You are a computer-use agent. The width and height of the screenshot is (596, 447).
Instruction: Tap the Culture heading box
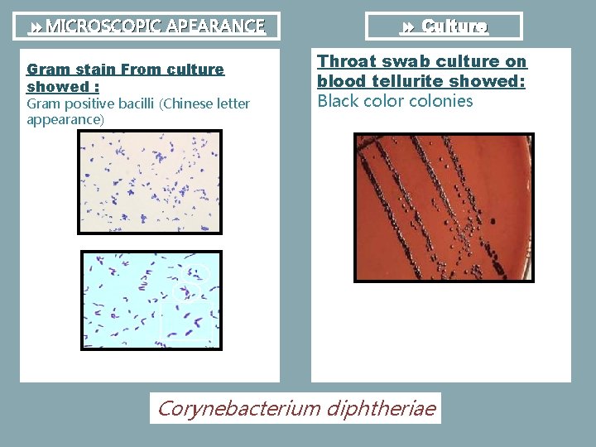pyautogui.click(x=444, y=26)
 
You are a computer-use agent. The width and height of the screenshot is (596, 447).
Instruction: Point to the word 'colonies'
pyautogui.click(x=441, y=102)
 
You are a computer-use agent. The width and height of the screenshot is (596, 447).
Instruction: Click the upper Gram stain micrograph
pyautogui.click(x=150, y=182)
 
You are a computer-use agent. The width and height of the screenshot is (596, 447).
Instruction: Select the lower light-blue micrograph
pyautogui.click(x=151, y=300)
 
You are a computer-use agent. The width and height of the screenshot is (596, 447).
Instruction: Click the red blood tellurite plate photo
pyautogui.click(x=444, y=207)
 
